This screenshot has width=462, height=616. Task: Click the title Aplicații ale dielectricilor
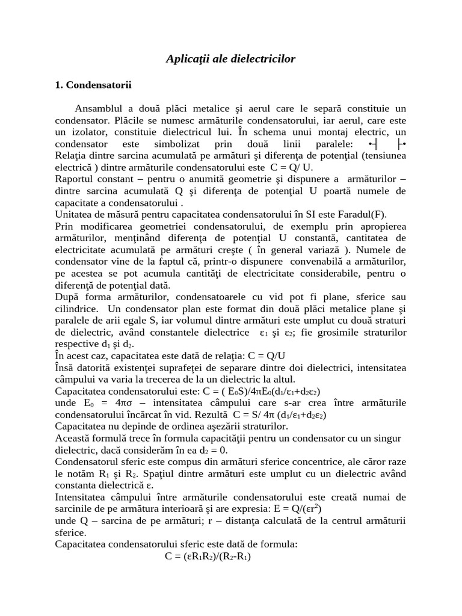(230, 59)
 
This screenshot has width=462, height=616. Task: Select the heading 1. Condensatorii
(93, 85)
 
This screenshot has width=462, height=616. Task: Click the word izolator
(91, 132)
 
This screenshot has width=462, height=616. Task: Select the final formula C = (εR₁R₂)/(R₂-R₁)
(208, 556)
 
